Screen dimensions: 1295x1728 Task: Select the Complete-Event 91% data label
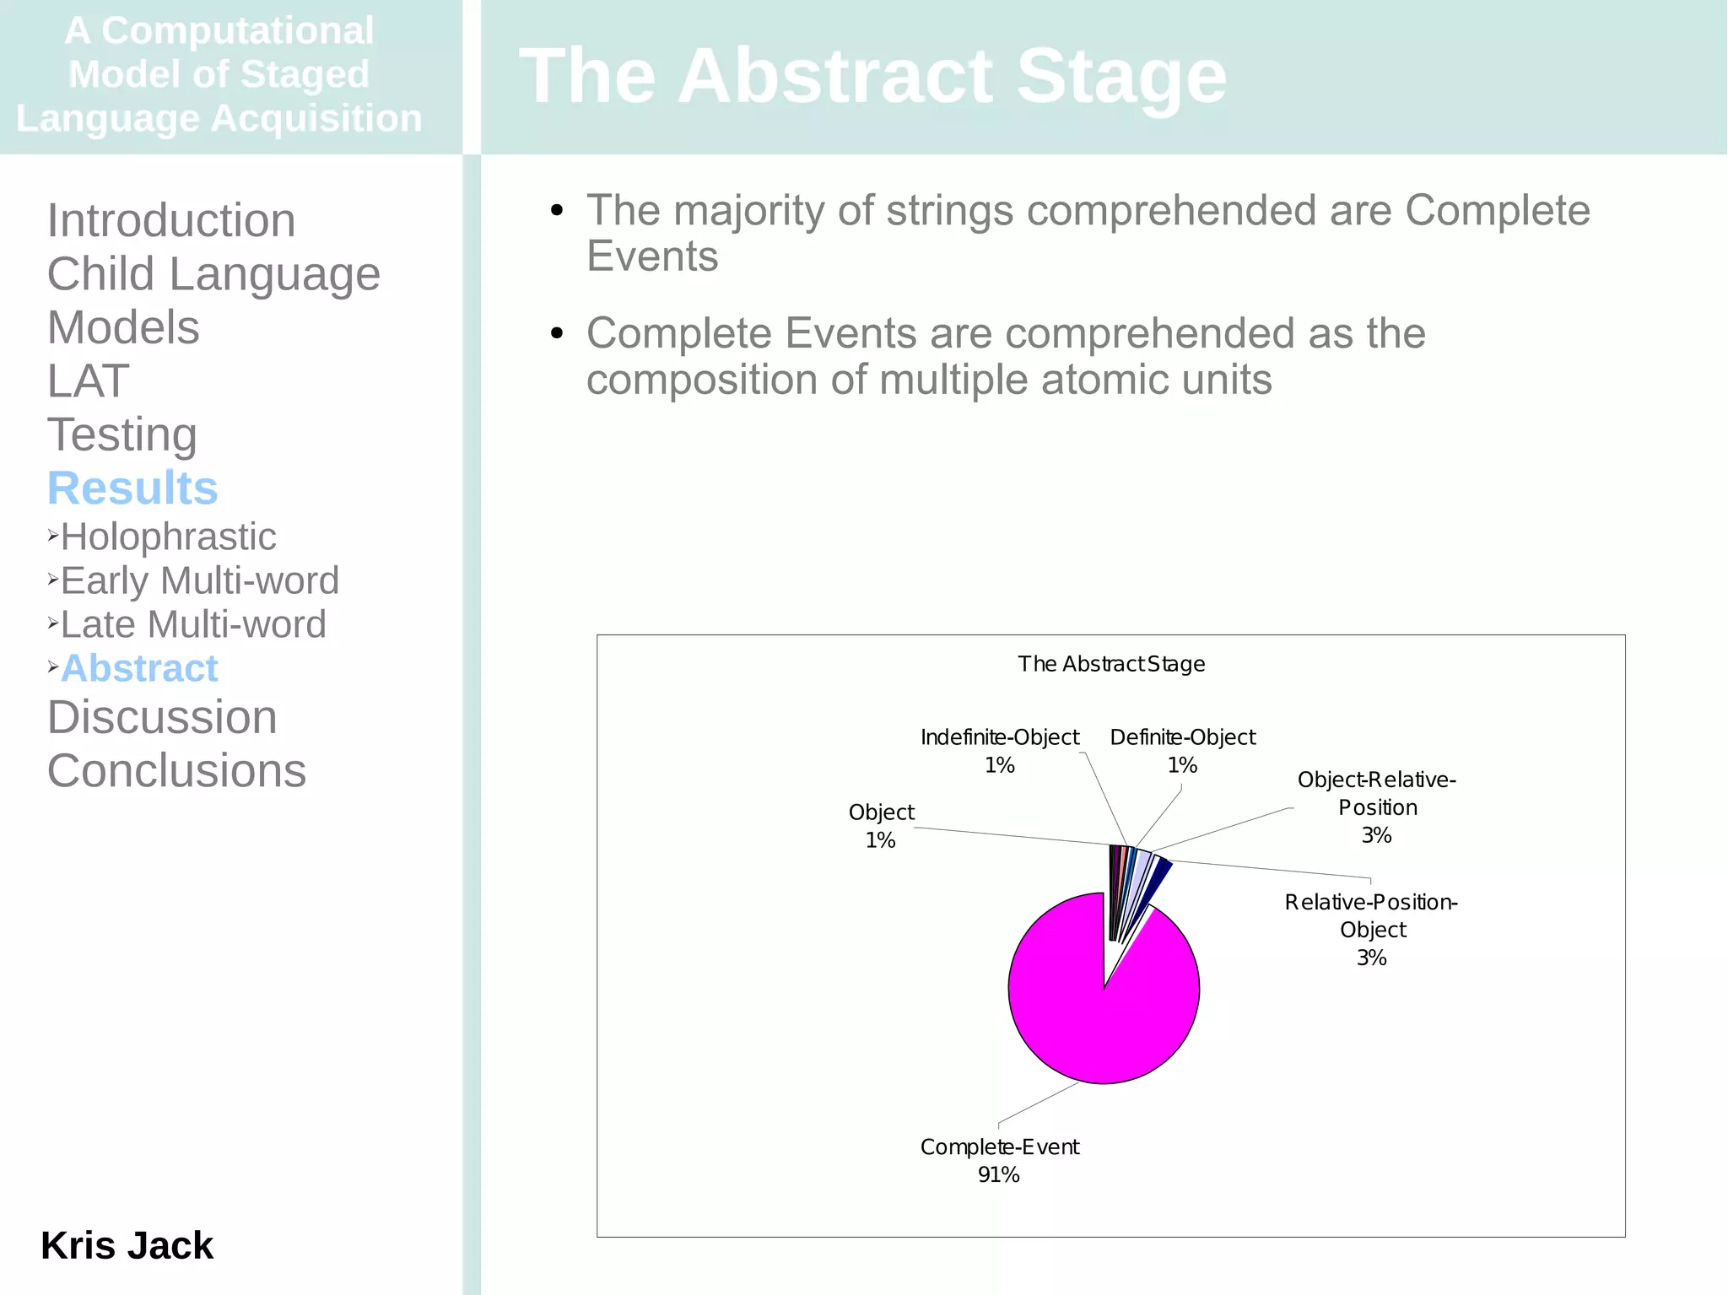[999, 1160]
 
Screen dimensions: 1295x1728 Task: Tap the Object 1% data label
[881, 825]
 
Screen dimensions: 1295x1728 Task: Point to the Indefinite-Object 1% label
[999, 751]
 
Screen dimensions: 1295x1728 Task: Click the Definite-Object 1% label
[1182, 751]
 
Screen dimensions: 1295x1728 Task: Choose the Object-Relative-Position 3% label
[1376, 807]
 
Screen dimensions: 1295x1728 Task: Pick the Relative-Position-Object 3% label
[1371, 929]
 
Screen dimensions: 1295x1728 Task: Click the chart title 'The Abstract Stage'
[1110, 664]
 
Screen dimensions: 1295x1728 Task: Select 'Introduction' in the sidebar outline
[171, 220]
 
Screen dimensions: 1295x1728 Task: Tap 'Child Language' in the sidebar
[213, 274]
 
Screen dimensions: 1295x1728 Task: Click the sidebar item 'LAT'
[88, 380]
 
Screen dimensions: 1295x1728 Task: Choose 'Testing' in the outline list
[122, 434]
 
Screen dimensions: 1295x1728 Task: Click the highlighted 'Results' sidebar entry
[132, 488]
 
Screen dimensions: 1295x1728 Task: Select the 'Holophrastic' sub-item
[168, 537]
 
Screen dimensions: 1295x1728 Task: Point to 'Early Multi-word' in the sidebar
[199, 580]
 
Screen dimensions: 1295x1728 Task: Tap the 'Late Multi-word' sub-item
[193, 624]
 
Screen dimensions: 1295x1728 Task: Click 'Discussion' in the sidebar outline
[162, 717]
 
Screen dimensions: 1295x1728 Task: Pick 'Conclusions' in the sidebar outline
[176, 770]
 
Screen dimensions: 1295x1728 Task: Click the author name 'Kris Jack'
[127, 1245]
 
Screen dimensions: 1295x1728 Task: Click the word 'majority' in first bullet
[748, 211]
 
